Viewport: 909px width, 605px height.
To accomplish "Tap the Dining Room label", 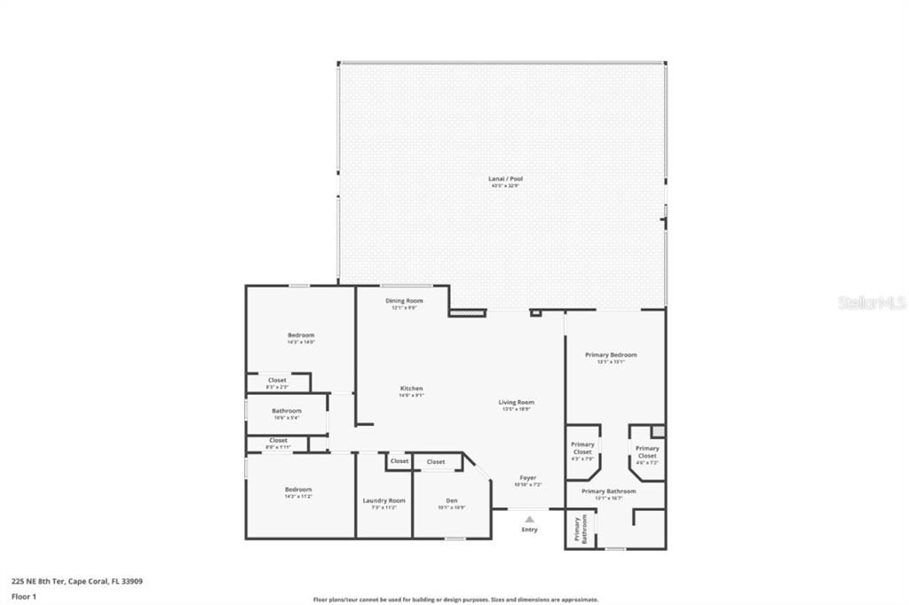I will pyautogui.click(x=404, y=302).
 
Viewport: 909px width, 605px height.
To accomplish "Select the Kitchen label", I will pyautogui.click(x=411, y=389).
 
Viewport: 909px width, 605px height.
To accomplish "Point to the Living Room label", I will pyautogui.click(x=517, y=403).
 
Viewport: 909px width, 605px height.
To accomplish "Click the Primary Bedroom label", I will pyautogui.click(x=611, y=355).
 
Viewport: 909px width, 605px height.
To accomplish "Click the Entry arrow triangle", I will pyautogui.click(x=529, y=519).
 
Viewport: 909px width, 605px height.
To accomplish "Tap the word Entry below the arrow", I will pyautogui.click(x=529, y=530).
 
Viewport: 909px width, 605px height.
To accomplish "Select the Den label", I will pyautogui.click(x=452, y=501).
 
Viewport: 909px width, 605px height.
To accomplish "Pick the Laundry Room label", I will pyautogui.click(x=384, y=501).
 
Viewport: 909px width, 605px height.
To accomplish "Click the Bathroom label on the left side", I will pyautogui.click(x=287, y=411).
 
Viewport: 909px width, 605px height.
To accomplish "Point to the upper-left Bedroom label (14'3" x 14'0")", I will pyautogui.click(x=301, y=335).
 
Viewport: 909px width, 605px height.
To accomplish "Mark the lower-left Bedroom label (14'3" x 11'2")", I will pyautogui.click(x=298, y=490).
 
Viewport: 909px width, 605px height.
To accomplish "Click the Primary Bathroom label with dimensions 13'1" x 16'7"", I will pyautogui.click(x=609, y=491).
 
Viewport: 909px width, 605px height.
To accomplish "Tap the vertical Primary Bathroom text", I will pyautogui.click(x=581, y=529).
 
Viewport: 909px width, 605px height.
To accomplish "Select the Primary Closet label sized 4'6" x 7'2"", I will pyautogui.click(x=647, y=452).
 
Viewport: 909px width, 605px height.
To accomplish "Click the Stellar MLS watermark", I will pyautogui.click(x=872, y=302).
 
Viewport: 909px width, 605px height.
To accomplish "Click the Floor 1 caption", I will pyautogui.click(x=24, y=596).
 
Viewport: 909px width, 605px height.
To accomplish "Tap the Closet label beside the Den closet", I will pyautogui.click(x=399, y=461).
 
